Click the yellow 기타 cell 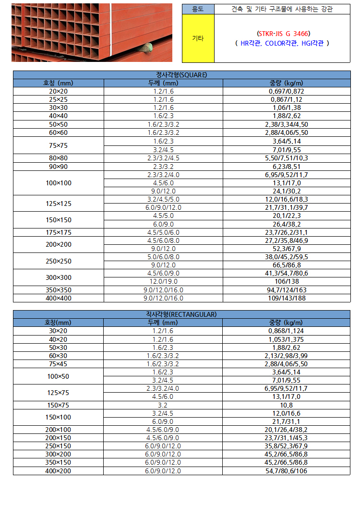(x=197, y=38)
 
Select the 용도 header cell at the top (x=197, y=9)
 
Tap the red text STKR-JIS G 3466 (x=283, y=34)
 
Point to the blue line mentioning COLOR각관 (x=282, y=43)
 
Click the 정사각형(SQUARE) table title (x=181, y=74)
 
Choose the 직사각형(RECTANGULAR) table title (x=181, y=314)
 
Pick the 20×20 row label (x=58, y=91)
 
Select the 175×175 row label (x=58, y=232)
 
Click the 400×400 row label (x=58, y=298)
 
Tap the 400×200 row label (x=58, y=471)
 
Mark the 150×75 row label (x=58, y=405)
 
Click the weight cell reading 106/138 (x=286, y=281)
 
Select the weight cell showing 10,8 (x=286, y=405)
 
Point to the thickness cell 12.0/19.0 (x=163, y=281)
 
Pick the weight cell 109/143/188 (x=286, y=298)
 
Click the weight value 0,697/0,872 (x=286, y=91)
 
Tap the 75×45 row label (x=58, y=364)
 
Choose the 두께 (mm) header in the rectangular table (x=163, y=323)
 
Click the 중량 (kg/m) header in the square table (x=286, y=83)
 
